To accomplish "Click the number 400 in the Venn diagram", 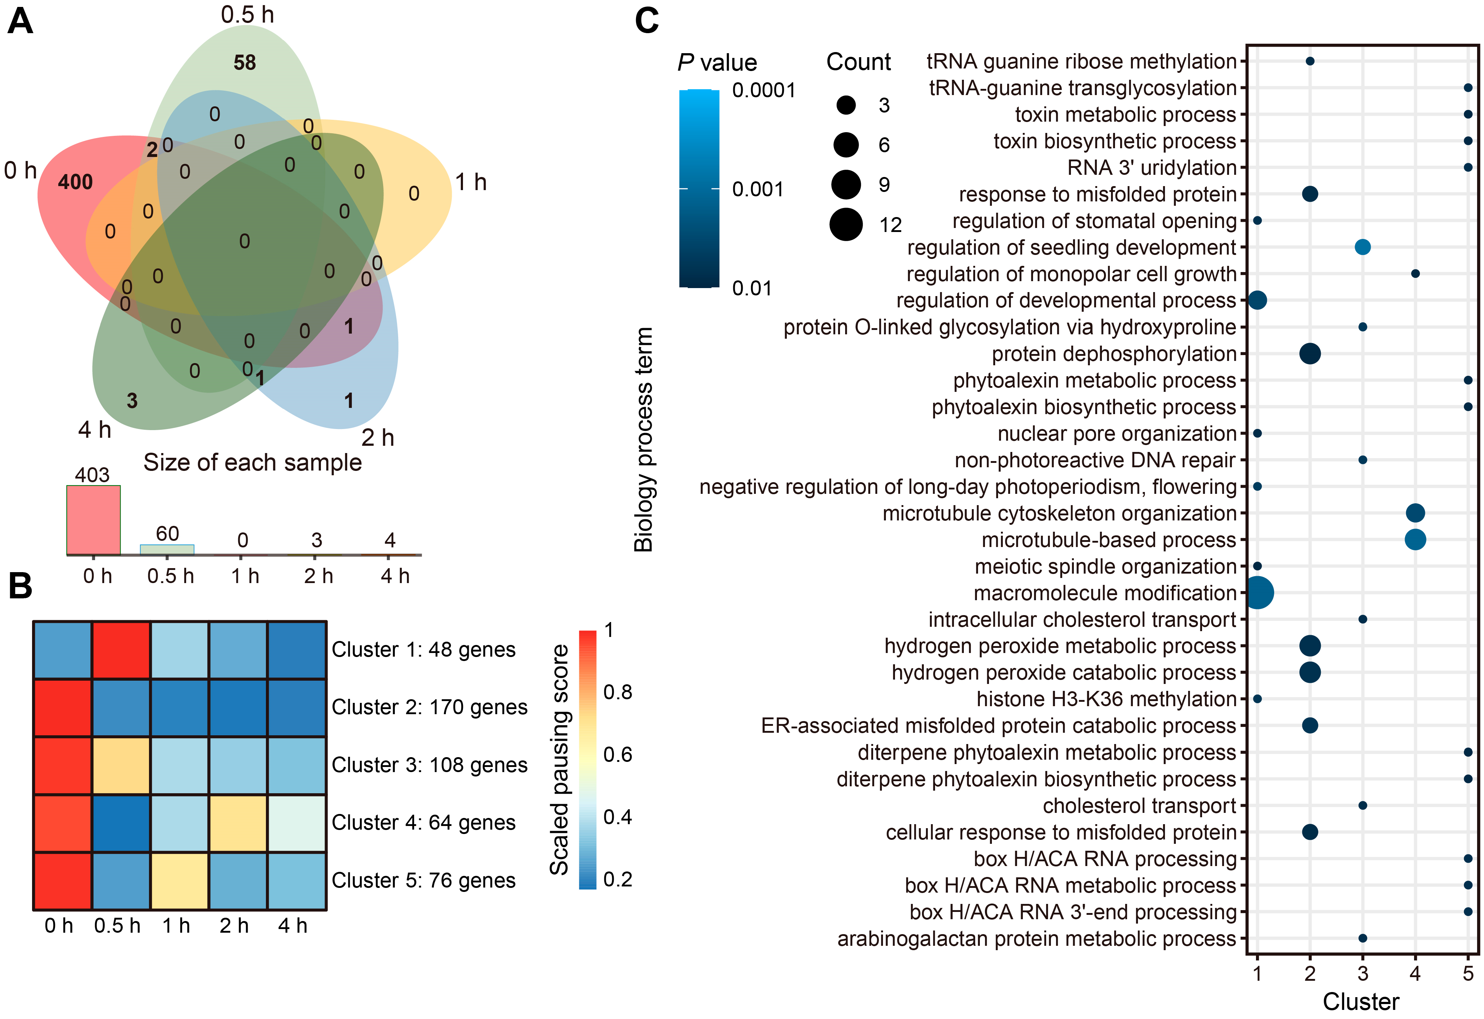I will [x=75, y=182].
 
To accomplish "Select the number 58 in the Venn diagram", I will [x=244, y=63].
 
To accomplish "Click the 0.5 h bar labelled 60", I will [x=167, y=550].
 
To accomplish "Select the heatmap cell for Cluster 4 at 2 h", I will [x=237, y=823].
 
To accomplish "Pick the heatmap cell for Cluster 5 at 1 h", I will [x=180, y=881].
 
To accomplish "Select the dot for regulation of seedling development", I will [x=1363, y=247].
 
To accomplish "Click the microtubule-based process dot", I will [x=1415, y=539].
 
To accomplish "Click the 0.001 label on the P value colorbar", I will [x=757, y=190].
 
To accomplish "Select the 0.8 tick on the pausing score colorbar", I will [x=617, y=692].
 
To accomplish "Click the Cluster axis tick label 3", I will [x=1363, y=974].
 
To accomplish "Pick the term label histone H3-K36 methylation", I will [x=1107, y=699].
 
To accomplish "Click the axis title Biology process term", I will [x=644, y=439].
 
